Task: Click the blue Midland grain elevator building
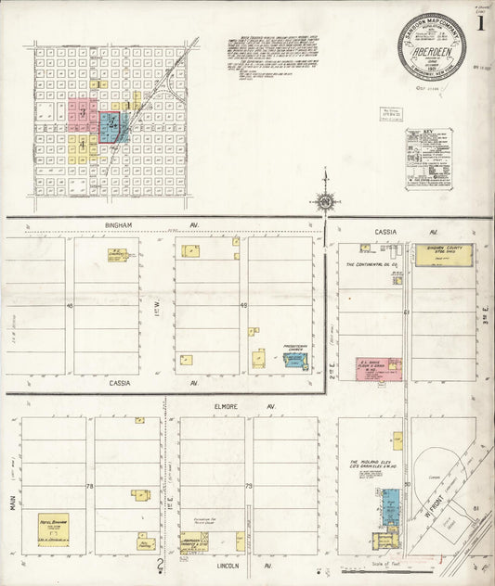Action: click(390, 505)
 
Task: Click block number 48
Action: click(69, 305)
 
